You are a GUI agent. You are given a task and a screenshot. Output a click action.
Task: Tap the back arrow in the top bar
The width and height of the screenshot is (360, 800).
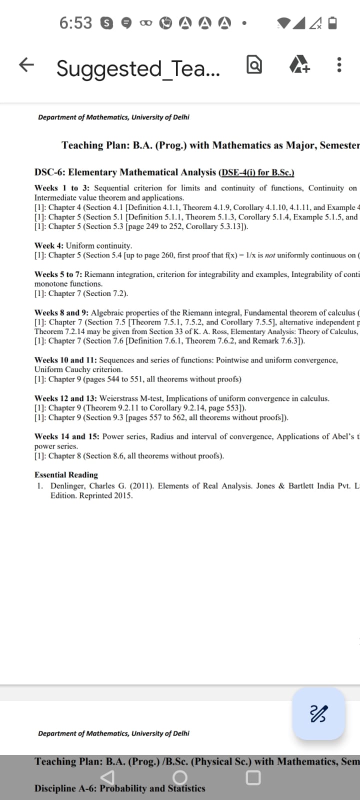26,64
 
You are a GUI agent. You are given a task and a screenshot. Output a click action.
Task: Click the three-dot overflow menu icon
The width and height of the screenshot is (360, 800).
339,65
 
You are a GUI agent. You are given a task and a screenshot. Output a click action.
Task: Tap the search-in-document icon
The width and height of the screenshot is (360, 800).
254,65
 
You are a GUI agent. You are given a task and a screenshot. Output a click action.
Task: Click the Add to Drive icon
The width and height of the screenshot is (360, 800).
300,65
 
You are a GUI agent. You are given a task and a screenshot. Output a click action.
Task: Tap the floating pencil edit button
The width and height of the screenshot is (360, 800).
318,713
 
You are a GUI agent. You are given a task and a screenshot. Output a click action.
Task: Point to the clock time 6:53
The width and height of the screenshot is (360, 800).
75,23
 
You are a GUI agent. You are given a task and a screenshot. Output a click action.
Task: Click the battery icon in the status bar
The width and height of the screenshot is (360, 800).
332,23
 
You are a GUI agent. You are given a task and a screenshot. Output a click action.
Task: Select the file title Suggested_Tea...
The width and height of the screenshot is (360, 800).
137,68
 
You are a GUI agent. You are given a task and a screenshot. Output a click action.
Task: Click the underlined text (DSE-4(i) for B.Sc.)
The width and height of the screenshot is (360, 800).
256,172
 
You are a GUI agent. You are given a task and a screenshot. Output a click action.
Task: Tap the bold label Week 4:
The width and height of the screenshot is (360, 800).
49,245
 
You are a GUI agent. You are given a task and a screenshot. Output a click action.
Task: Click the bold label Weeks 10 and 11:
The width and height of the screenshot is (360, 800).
65,360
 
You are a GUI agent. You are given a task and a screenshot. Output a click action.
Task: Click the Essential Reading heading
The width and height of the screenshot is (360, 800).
66,475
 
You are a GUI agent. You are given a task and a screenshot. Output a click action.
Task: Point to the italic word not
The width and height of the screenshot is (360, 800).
270,255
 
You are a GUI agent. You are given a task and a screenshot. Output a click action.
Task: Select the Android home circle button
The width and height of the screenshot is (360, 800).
180,777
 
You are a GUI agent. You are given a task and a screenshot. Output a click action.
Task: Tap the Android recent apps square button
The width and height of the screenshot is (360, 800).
253,777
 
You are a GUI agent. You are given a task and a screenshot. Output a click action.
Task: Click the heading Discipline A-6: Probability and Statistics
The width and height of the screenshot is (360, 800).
120,788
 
